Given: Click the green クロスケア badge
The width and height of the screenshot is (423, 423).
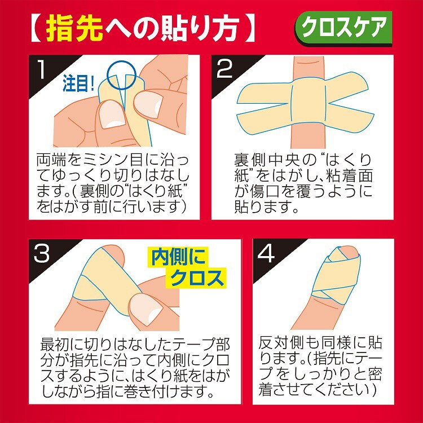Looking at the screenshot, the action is click(x=343, y=28).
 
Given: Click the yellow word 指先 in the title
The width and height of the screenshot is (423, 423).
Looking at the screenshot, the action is click(x=74, y=28).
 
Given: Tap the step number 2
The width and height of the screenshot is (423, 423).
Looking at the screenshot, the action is click(x=224, y=69).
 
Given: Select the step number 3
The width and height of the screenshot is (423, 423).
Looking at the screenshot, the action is click(x=42, y=253).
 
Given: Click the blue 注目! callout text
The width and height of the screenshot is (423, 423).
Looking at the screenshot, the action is click(x=78, y=83).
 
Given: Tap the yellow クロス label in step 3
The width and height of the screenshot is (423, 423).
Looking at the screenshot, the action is click(x=197, y=277).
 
